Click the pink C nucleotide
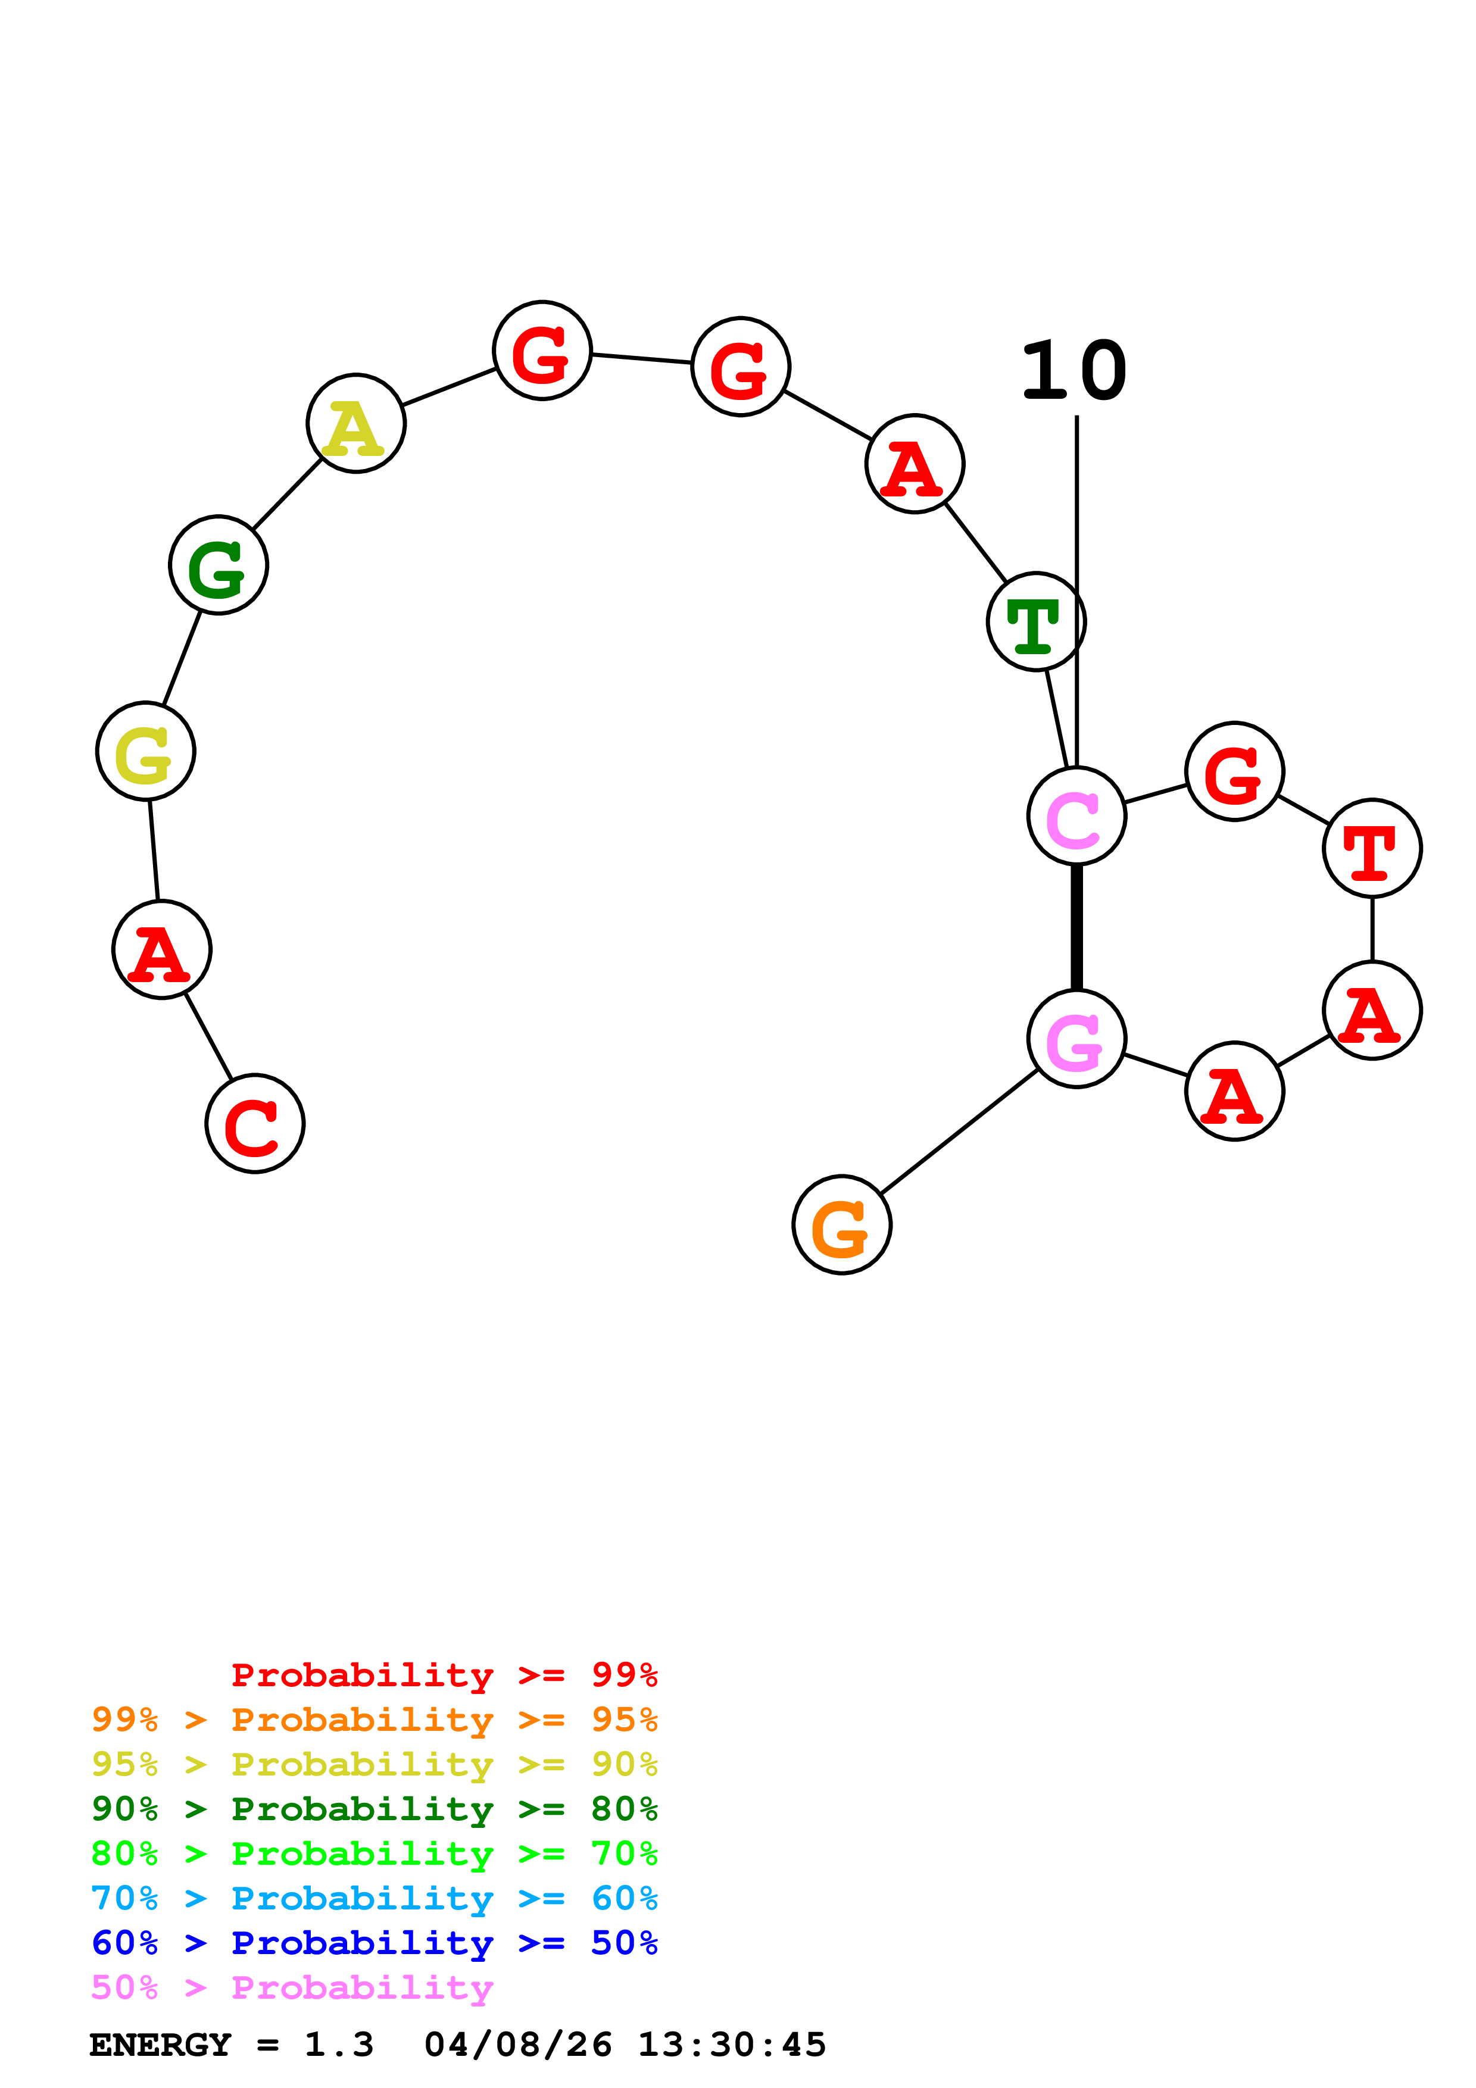(x=1076, y=816)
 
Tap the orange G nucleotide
(x=841, y=1224)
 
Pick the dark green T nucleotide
(x=1036, y=622)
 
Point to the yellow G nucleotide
(x=145, y=751)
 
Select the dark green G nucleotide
(x=219, y=565)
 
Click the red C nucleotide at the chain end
(x=255, y=1123)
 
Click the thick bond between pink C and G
(x=1076, y=927)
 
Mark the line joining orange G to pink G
(x=959, y=1131)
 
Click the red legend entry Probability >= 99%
(x=444, y=1674)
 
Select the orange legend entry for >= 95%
(x=374, y=1719)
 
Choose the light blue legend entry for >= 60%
(x=374, y=1898)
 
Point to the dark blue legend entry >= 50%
(x=374, y=1943)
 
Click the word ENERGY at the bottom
(x=160, y=2045)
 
